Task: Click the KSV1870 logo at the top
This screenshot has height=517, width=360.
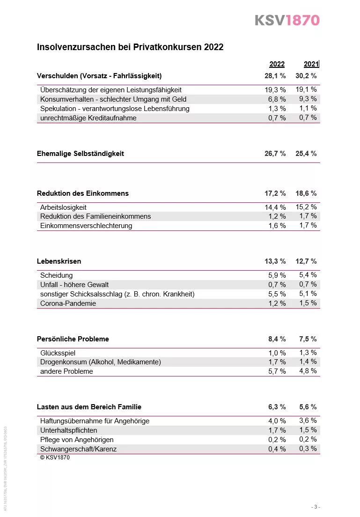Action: click(287, 20)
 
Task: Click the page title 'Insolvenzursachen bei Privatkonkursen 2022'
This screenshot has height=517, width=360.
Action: click(130, 47)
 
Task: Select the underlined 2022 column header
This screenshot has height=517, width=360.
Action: click(277, 65)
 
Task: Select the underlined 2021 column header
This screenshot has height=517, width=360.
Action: click(311, 65)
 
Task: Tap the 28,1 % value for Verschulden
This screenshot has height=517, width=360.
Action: click(275, 76)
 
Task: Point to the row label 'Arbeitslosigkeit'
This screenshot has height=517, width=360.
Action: click(63, 207)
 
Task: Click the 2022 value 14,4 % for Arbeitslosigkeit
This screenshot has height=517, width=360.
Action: click(275, 207)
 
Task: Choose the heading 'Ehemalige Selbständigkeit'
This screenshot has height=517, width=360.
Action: click(81, 154)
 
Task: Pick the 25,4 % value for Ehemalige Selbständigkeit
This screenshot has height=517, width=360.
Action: click(308, 154)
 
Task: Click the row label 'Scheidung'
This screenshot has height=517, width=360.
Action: click(57, 275)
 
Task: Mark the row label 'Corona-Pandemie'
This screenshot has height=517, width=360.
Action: click(68, 303)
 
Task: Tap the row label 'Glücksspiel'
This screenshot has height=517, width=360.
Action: click(58, 353)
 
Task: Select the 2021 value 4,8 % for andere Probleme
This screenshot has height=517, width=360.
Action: click(308, 371)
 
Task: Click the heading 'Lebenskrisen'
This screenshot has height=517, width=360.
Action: click(59, 261)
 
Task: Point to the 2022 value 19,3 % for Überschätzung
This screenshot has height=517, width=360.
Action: click(275, 89)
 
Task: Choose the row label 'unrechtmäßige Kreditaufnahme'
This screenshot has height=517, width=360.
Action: click(88, 118)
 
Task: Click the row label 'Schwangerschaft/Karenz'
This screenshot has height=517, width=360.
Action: click(79, 449)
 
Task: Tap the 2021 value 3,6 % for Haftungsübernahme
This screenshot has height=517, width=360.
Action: click(308, 421)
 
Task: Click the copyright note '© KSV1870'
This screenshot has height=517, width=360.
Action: click(55, 458)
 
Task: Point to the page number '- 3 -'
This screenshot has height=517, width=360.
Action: click(316, 507)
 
